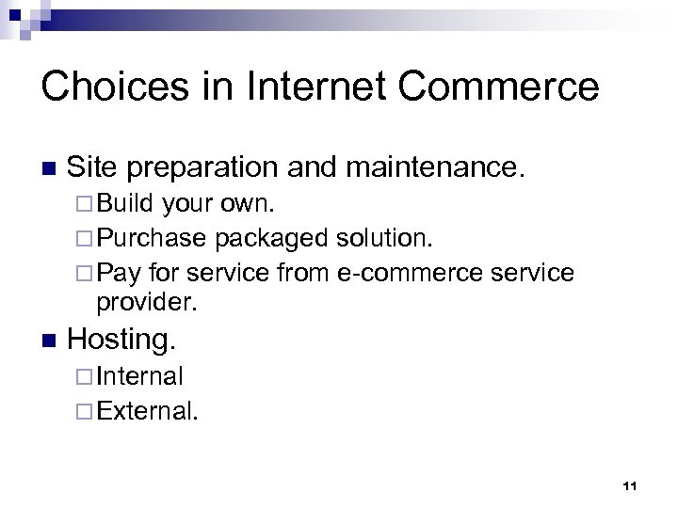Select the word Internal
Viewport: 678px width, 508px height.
[x=140, y=377]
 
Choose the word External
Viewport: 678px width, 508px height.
[x=147, y=411]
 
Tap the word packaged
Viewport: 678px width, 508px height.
[x=271, y=238]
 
